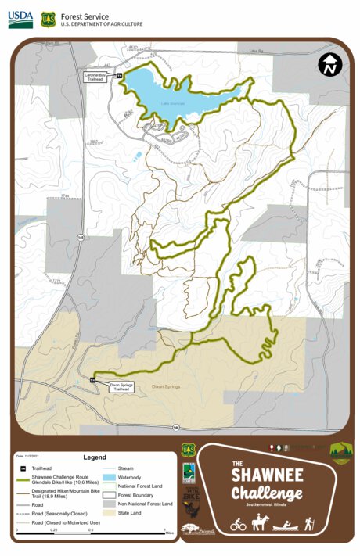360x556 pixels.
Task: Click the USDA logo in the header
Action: [x=20, y=20]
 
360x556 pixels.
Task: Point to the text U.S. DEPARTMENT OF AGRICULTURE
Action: [x=102, y=24]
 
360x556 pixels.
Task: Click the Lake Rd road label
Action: [x=253, y=51]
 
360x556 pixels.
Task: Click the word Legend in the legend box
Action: [x=94, y=457]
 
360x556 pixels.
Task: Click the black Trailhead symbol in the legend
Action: [x=23, y=468]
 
